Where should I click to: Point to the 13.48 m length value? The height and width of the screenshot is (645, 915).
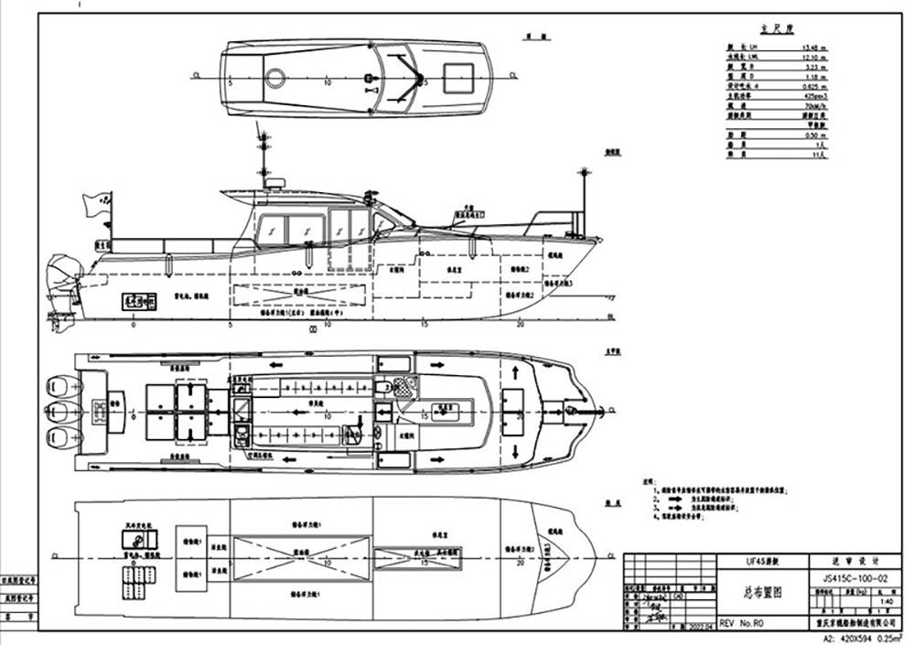point(815,47)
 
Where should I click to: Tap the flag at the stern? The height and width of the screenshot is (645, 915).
point(97,202)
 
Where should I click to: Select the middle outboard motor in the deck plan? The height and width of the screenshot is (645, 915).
point(63,407)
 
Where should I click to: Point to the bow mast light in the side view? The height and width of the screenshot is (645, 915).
point(582,173)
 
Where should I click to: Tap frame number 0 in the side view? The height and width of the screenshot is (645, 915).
point(135,324)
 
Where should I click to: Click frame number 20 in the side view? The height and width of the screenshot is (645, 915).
point(520,324)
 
